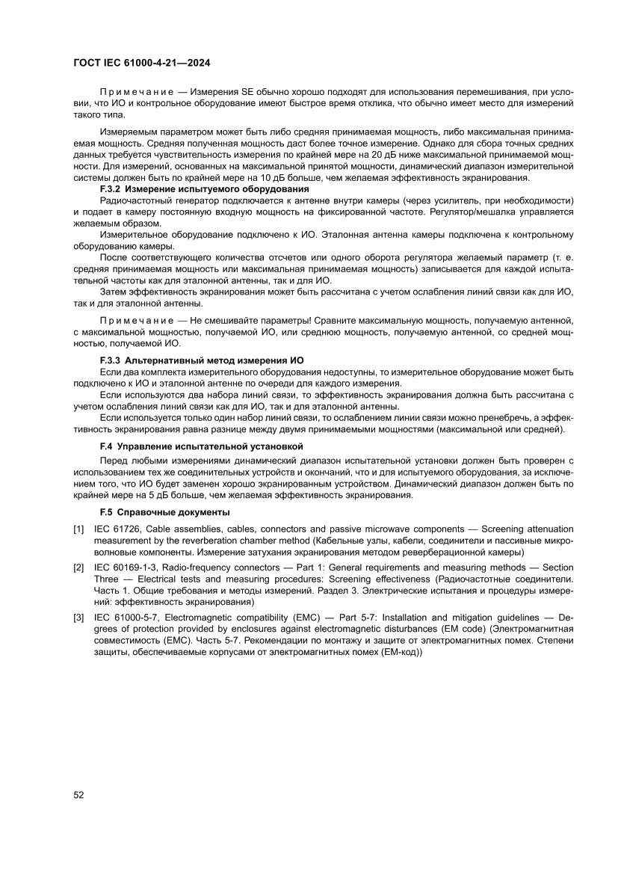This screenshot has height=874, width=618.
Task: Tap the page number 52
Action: [78, 795]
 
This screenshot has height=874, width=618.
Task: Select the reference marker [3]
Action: [78, 618]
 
